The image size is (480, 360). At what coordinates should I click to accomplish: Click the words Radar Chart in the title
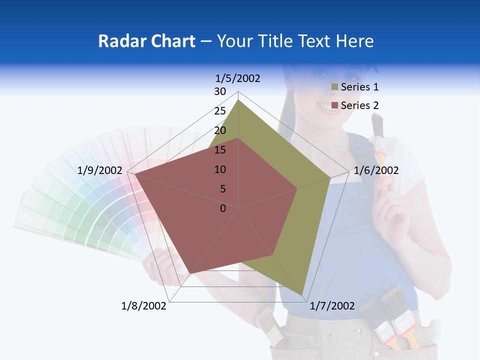(146, 41)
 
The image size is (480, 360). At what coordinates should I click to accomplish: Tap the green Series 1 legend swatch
(334, 87)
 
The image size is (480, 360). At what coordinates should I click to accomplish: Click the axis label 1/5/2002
(238, 78)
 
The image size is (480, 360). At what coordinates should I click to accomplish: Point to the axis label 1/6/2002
(376, 170)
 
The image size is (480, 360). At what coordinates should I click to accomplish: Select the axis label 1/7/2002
(332, 306)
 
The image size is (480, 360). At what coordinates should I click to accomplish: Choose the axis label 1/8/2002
(144, 306)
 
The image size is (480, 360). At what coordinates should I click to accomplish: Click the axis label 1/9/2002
(99, 170)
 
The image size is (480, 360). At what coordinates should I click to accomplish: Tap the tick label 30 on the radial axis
(220, 91)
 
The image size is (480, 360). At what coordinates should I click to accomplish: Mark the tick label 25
(220, 111)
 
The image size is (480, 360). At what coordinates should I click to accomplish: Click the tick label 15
(220, 150)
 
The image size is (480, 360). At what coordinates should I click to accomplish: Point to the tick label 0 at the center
(223, 208)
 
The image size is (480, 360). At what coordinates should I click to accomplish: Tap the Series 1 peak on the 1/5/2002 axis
(238, 100)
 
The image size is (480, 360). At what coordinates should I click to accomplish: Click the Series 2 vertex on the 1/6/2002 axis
(297, 188)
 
